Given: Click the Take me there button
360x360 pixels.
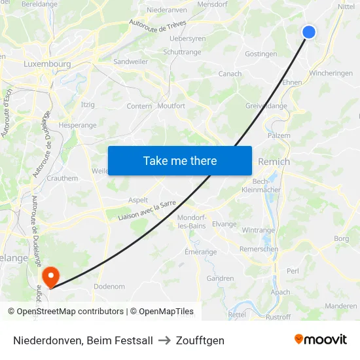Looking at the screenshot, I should [x=179, y=160].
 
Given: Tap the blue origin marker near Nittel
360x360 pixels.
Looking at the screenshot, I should [x=309, y=32].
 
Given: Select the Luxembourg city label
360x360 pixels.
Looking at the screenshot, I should [x=46, y=64].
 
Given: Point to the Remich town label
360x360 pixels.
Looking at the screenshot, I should [x=274, y=162].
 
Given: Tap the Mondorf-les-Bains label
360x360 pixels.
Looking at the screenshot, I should [x=192, y=221].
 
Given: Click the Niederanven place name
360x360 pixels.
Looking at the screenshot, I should [x=167, y=10].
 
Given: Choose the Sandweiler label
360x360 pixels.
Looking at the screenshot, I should [x=130, y=62].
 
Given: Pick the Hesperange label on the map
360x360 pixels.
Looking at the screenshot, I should [x=77, y=125].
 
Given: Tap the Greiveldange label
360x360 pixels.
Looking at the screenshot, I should [x=266, y=105].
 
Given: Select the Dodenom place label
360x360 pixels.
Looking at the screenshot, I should [x=109, y=287].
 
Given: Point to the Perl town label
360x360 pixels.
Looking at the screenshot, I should [x=293, y=270].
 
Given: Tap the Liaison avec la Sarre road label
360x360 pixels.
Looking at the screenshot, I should [x=147, y=211].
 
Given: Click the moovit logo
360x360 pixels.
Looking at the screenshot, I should [x=320, y=340].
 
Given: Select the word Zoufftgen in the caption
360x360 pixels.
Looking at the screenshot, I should [x=200, y=340].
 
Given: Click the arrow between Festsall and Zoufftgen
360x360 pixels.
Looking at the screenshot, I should [x=164, y=340].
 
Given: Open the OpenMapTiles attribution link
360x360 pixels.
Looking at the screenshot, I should [x=162, y=312].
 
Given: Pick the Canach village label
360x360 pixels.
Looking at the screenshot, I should [x=230, y=74].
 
